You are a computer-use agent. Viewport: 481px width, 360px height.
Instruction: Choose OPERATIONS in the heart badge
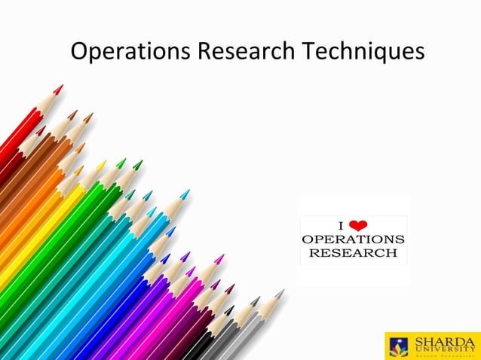point(353,239)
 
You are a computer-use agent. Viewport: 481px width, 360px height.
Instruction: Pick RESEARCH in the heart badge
point(353,252)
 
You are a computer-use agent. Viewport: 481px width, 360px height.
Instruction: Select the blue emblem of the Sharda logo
point(399,346)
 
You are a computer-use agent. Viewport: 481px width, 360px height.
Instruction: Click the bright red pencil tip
point(59,89)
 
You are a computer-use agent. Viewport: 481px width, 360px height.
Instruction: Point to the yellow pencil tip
point(101,164)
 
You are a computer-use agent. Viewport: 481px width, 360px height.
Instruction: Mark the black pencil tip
point(229,310)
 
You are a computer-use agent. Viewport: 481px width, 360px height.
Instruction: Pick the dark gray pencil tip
point(256,301)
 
